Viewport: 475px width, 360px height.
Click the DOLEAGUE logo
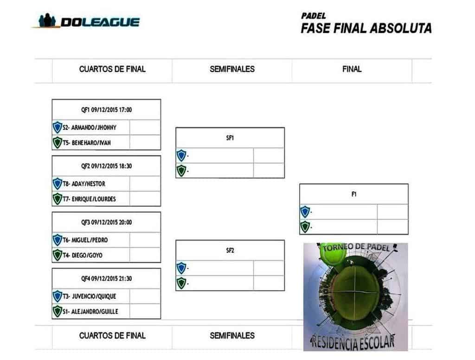tap(85, 21)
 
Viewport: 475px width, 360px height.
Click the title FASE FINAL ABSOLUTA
tap(366, 28)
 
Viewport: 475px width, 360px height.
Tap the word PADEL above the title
tap(313, 16)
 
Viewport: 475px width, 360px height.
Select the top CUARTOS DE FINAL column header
tap(112, 69)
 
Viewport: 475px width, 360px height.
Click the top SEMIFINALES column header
tap(232, 69)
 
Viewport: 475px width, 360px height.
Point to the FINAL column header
tap(352, 69)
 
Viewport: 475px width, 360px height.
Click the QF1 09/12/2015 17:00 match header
tap(106, 109)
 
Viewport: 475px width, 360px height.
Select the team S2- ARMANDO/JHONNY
tap(90, 128)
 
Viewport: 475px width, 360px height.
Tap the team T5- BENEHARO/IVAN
tap(87, 143)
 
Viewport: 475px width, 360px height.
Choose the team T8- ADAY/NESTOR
tap(84, 184)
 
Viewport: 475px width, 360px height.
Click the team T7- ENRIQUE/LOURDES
tap(89, 199)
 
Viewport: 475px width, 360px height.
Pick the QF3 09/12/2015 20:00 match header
tap(106, 222)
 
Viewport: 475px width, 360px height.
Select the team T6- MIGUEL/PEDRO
tap(85, 240)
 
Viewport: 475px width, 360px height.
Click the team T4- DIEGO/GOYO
tap(83, 255)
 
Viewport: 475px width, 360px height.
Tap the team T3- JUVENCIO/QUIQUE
tap(90, 296)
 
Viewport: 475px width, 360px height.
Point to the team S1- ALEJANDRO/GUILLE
tap(90, 311)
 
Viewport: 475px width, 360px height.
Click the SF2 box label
tap(230, 251)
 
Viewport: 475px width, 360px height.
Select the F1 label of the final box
tap(354, 194)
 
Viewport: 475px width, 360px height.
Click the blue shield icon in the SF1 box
tap(181, 155)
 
